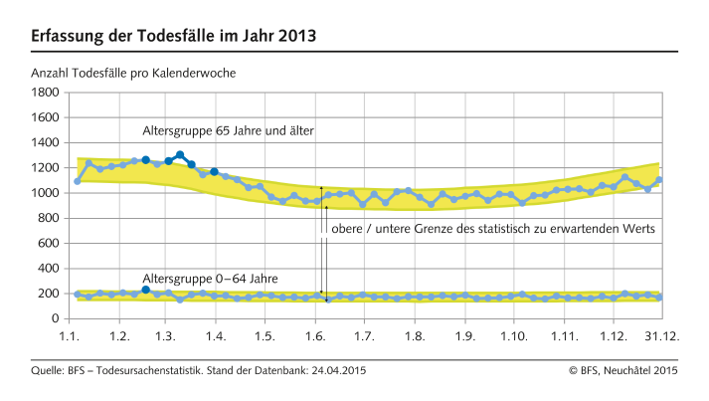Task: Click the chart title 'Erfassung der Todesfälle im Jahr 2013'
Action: click(x=174, y=37)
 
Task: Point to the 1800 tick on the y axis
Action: click(x=43, y=93)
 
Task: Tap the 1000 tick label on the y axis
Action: click(x=43, y=193)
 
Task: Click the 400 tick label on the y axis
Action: click(x=47, y=269)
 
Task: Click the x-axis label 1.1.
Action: click(x=71, y=336)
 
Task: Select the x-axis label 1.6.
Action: click(x=315, y=336)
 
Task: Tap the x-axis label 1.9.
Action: click(x=463, y=336)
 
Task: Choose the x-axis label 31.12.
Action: click(x=662, y=336)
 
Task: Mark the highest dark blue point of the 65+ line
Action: click(x=180, y=155)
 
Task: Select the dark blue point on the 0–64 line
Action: click(x=146, y=290)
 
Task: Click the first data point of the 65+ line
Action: click(x=78, y=181)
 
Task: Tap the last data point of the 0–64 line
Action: click(x=659, y=298)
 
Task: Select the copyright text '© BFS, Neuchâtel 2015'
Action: click(x=622, y=370)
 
